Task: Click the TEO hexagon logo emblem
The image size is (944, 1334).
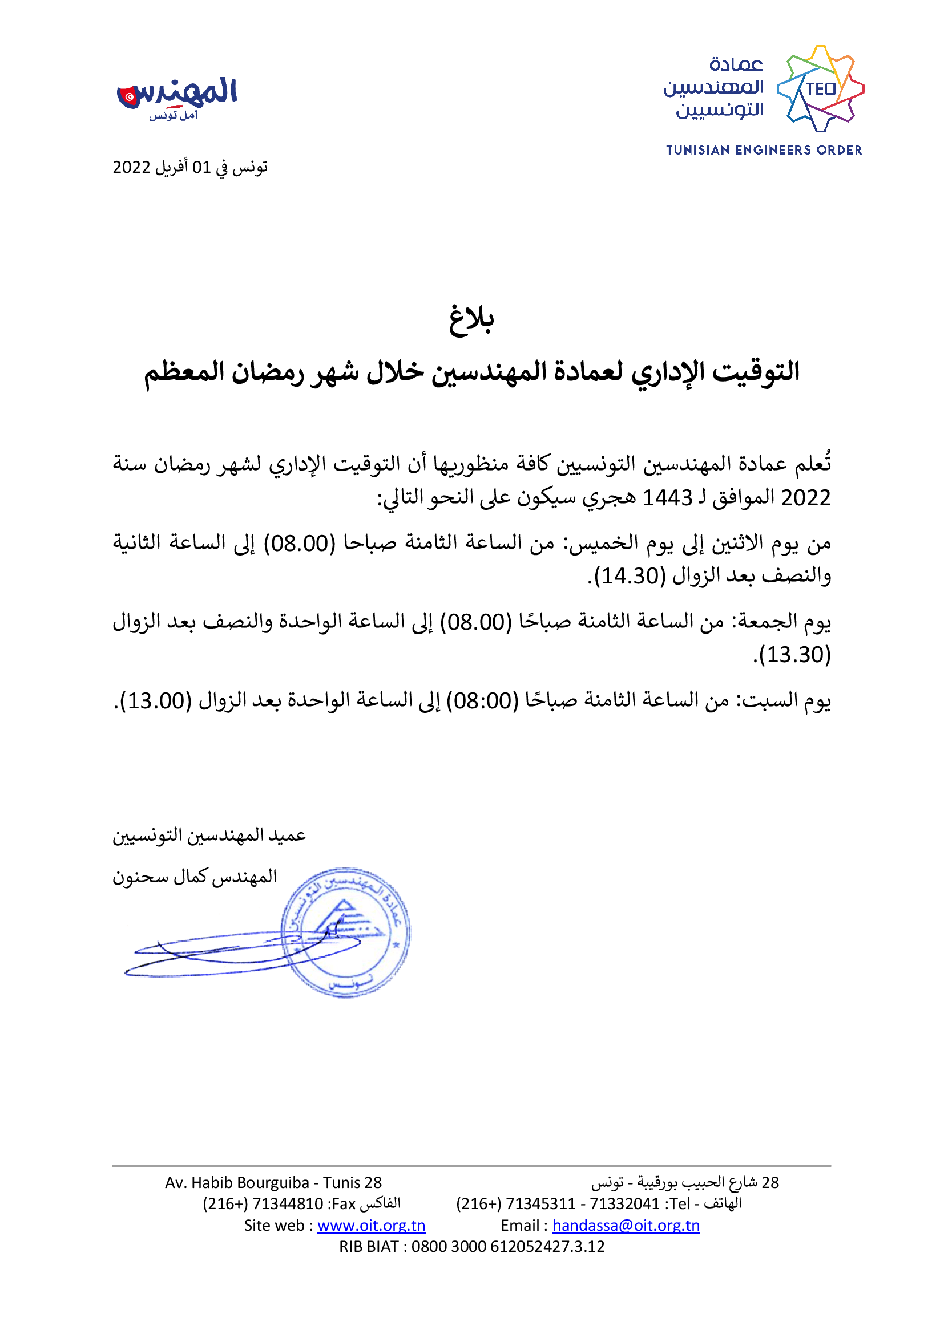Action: [820, 89]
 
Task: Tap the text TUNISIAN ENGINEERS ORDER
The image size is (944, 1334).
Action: [764, 151]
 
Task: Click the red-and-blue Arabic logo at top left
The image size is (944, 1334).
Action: [177, 96]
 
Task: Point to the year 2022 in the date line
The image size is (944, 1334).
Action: [131, 167]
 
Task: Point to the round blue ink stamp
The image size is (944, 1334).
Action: [345, 932]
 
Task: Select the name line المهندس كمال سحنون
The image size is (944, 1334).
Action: [195, 877]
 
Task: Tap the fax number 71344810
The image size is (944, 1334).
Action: [288, 1204]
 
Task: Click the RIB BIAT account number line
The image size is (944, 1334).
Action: [471, 1246]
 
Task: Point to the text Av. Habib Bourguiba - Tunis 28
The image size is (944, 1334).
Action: [273, 1182]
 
